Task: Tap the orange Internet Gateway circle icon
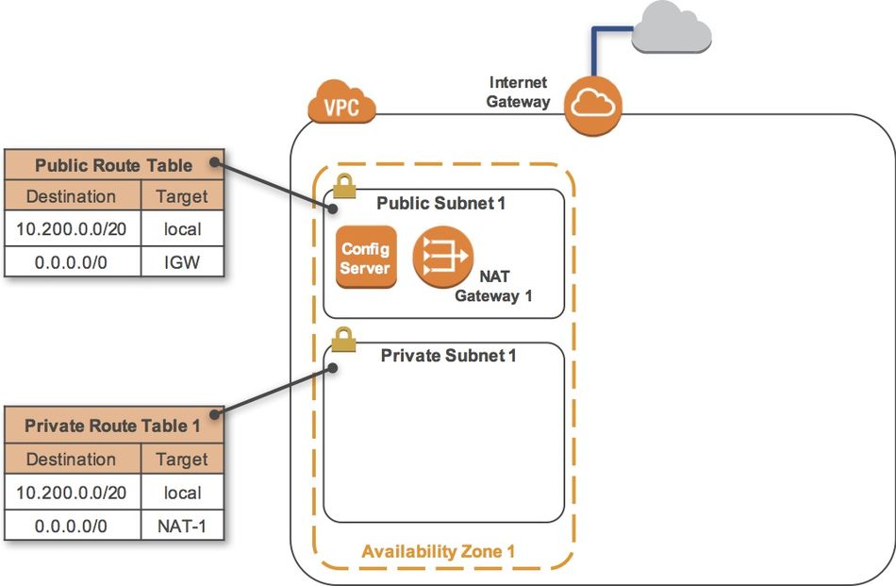coord(594,106)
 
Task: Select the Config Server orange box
coord(366,257)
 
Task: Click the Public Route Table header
coord(113,165)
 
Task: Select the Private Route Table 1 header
coord(113,426)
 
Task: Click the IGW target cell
coord(182,260)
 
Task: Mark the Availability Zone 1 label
coord(439,551)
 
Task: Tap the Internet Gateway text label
coord(518,92)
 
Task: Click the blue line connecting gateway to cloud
coord(594,52)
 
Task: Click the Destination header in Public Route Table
coord(72,197)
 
